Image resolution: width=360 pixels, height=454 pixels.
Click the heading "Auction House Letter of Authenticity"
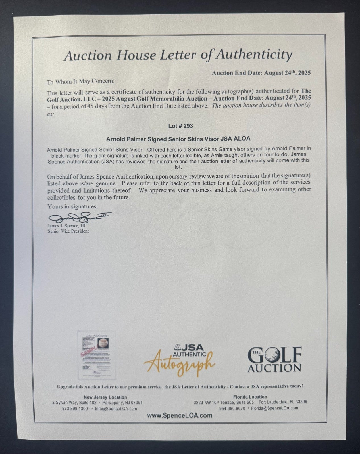click(x=178, y=55)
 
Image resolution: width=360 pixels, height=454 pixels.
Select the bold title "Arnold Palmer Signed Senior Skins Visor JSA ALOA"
click(x=178, y=139)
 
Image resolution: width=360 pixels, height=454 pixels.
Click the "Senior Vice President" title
click(x=68, y=231)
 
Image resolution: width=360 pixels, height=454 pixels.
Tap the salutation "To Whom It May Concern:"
click(x=81, y=82)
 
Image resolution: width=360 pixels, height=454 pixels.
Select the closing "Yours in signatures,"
click(x=72, y=206)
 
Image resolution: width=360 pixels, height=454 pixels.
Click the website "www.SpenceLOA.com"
click(x=180, y=415)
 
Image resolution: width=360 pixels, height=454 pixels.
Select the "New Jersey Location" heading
click(x=105, y=397)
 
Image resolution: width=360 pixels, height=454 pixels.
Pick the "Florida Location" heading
click(x=250, y=397)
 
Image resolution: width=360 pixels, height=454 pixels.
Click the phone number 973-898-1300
click(x=75, y=409)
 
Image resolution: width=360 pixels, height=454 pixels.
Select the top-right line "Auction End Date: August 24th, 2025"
click(x=261, y=73)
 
